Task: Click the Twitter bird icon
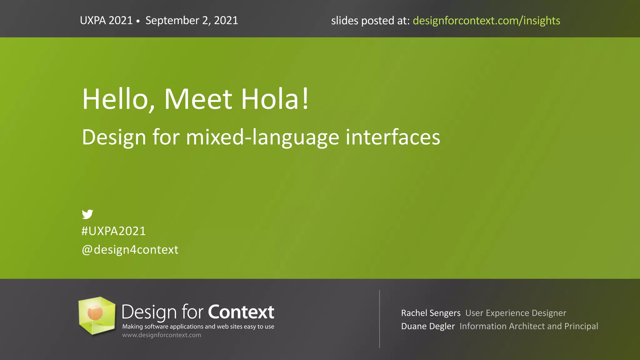point(87,214)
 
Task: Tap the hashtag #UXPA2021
point(113,231)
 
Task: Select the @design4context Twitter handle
point(130,250)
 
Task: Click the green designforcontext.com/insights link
point(486,21)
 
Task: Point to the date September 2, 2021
point(192,21)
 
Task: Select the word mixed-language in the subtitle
point(262,137)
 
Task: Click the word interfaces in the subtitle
point(393,137)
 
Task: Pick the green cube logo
point(97,316)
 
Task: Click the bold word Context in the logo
point(241,312)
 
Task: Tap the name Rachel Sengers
point(431,313)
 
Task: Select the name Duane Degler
point(428,326)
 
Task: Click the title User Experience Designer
point(516,313)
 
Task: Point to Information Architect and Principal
point(529,326)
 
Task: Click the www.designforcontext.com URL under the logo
point(162,335)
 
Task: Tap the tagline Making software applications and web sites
point(198,327)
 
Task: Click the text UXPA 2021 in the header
point(106,21)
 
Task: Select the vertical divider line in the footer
point(379,319)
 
